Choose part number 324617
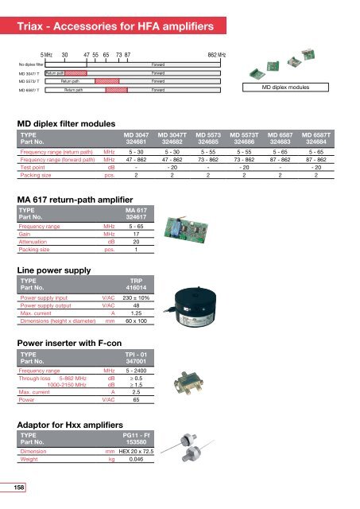(138, 220)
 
